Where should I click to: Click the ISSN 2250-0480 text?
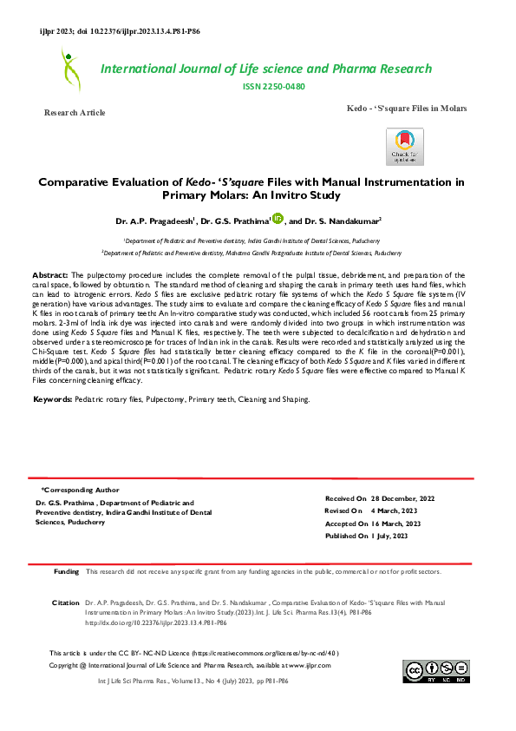click(275, 87)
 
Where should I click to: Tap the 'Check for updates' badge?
click(405, 147)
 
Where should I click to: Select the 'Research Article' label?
click(75, 113)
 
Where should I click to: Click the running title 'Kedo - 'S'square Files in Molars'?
click(406, 108)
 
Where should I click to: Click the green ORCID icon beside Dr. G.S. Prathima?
click(278, 219)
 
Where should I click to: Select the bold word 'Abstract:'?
click(56, 273)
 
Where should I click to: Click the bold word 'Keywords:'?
click(58, 399)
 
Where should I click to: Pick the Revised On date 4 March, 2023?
click(395, 512)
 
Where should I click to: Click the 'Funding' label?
click(67, 572)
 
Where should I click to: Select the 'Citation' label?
click(66, 601)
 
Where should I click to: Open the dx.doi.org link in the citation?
click(156, 622)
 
